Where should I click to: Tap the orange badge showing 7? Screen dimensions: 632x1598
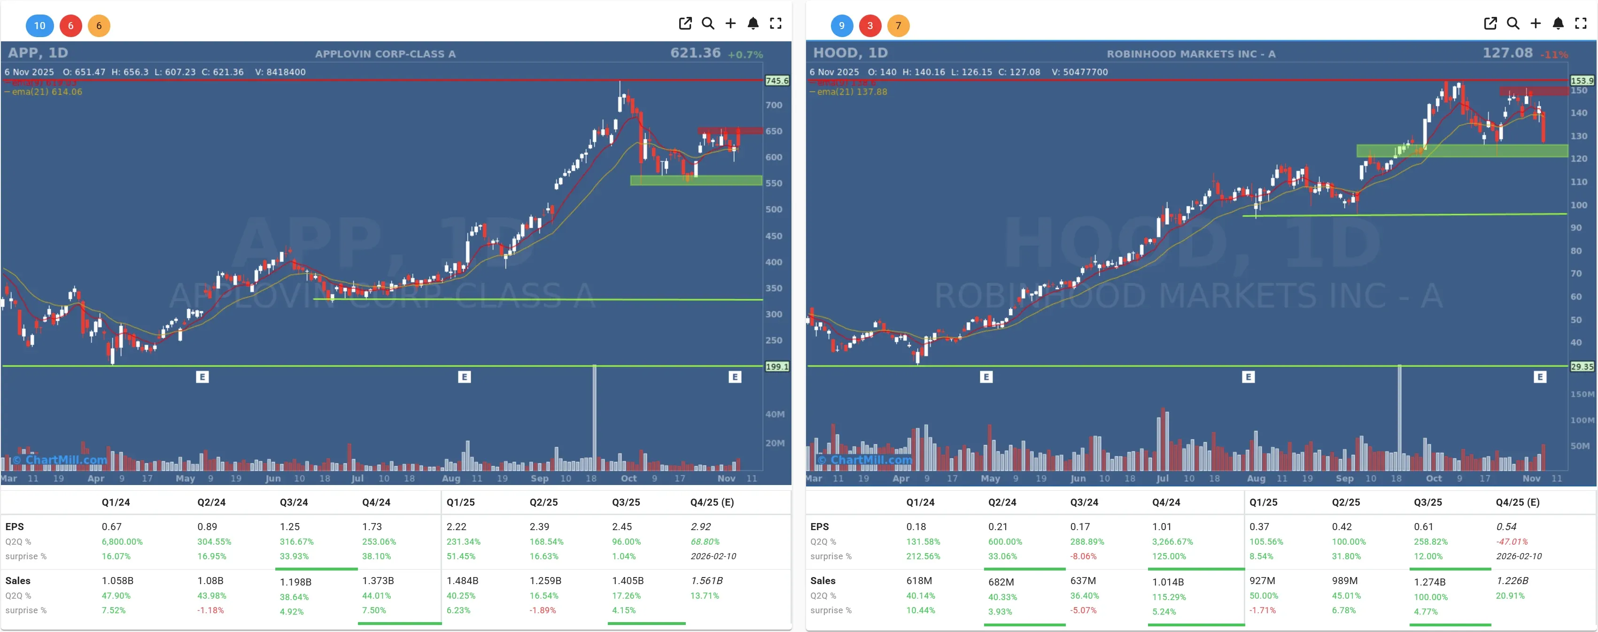coord(898,25)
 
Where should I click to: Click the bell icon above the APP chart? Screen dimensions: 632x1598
coord(752,23)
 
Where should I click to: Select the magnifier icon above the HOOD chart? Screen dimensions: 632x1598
coord(1513,23)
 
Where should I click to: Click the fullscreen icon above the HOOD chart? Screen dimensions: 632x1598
coord(1581,23)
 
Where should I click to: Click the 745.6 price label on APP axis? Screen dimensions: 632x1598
coord(776,81)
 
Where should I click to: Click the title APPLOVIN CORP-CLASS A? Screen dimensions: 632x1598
coord(385,54)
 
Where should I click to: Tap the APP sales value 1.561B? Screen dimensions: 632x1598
coord(706,580)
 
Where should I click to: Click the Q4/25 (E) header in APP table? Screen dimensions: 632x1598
coord(712,502)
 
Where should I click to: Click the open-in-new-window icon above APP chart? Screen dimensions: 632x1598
coord(685,23)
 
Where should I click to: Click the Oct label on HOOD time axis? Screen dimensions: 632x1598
coord(1434,478)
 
